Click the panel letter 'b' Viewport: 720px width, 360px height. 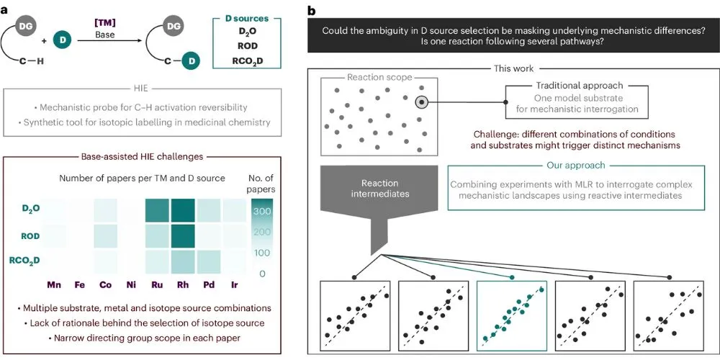(311, 10)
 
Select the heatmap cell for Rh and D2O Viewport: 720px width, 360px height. (184, 210)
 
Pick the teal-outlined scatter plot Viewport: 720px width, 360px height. (511, 314)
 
